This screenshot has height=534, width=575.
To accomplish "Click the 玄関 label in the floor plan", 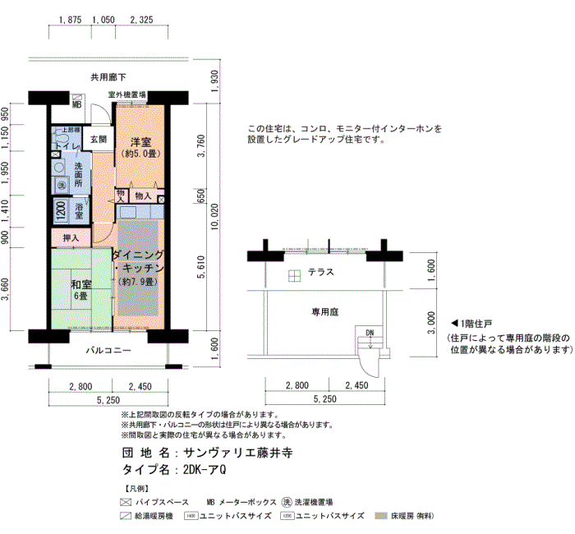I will point(99,139).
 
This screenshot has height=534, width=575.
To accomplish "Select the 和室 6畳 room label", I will point(80,289).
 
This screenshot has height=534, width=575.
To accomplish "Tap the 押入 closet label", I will point(71,238).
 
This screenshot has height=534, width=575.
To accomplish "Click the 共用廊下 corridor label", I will point(108,78).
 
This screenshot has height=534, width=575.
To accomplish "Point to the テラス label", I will point(320,272).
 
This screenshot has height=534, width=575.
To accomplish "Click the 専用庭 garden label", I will point(325,311).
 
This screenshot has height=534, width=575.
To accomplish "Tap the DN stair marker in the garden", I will point(369,332).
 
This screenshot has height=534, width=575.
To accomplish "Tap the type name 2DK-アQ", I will point(205,470).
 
